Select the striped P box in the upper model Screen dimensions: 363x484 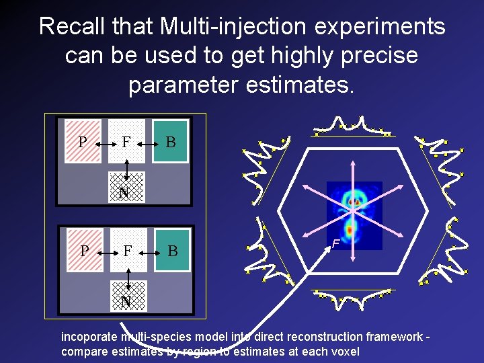point(83,141)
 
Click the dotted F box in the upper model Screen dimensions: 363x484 point(126,141)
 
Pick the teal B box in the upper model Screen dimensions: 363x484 point(170,141)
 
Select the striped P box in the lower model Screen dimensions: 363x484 point(83,250)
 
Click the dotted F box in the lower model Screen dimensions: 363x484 point(127,250)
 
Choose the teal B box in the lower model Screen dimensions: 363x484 point(171,250)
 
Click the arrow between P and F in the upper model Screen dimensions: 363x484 point(105,143)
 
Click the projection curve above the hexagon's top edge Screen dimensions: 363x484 point(354,126)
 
